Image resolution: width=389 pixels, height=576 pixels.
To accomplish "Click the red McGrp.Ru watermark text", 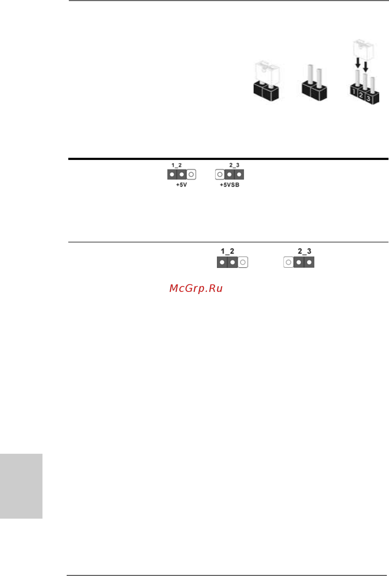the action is pyautogui.click(x=196, y=288).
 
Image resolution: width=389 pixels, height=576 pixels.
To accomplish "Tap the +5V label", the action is pyautogui.click(x=181, y=185).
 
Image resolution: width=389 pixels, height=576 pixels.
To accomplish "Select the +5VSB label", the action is pyautogui.click(x=230, y=185).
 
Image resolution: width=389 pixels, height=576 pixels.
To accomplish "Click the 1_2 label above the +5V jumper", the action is pyautogui.click(x=177, y=165).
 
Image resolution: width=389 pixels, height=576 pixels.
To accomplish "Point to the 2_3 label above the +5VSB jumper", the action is pyautogui.click(x=234, y=165).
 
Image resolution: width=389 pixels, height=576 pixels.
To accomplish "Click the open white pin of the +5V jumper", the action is pyautogui.click(x=191, y=174).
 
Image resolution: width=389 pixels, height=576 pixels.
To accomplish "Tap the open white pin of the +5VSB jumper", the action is pyautogui.click(x=220, y=174).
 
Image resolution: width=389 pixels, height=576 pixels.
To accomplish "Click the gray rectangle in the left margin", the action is pyautogui.click(x=21, y=486).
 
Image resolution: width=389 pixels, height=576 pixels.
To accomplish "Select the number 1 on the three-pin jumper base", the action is pyautogui.click(x=354, y=92).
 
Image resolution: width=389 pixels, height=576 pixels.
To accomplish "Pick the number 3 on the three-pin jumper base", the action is pyautogui.click(x=369, y=99).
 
